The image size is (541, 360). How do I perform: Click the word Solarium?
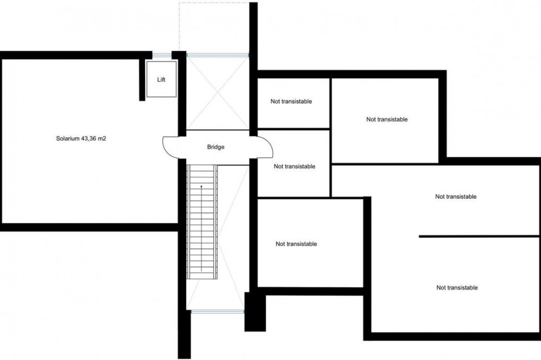tap(68, 138)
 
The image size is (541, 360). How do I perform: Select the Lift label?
tap(161, 79)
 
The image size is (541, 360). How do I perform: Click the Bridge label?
tap(216, 147)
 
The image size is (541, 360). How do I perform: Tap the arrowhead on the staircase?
tap(201, 186)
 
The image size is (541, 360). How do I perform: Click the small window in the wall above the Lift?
tap(162, 55)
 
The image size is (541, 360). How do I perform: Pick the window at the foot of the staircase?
tap(217, 312)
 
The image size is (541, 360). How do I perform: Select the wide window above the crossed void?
tap(217, 55)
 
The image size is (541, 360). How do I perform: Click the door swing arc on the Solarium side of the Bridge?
tap(164, 147)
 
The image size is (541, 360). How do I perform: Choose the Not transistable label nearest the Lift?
tap(291, 102)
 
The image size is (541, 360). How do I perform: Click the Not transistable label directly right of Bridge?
tap(294, 166)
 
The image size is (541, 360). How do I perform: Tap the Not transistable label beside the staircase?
tap(296, 244)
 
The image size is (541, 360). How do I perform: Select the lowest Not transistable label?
tap(457, 288)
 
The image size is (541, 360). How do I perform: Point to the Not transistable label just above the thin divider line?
tap(456, 197)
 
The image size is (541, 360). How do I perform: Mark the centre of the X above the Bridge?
tap(217, 93)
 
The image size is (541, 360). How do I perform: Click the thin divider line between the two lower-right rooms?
tap(480, 237)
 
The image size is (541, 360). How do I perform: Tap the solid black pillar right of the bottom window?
tap(255, 312)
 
